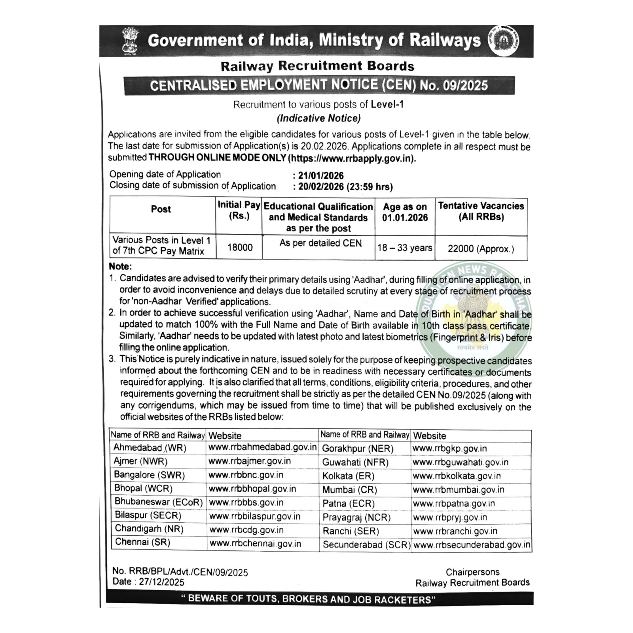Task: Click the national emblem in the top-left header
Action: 131,41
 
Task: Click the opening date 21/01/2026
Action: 321,176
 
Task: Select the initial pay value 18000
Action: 240,248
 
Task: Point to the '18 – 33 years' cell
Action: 405,248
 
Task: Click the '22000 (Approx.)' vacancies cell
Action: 481,249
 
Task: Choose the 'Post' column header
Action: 161,209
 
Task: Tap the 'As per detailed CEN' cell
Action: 320,243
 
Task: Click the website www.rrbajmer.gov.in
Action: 250,461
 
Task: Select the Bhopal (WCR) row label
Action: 143,488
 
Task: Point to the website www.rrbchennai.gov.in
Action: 255,544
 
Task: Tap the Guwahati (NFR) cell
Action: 355,462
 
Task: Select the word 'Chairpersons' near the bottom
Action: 472,572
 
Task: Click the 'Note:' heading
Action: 120,267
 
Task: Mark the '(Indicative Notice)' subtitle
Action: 318,118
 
